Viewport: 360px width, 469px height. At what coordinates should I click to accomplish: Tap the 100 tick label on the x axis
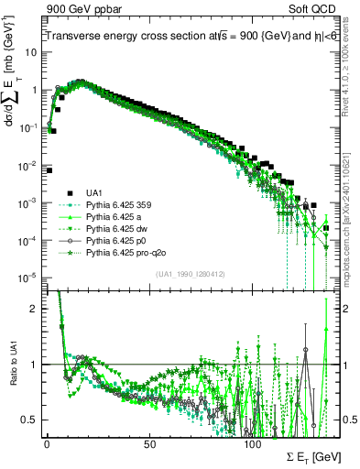click(252, 442)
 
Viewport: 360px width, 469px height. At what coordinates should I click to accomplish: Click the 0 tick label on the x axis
click(47, 442)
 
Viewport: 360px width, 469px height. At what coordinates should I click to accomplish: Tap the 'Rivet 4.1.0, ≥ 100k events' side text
click(350, 73)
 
